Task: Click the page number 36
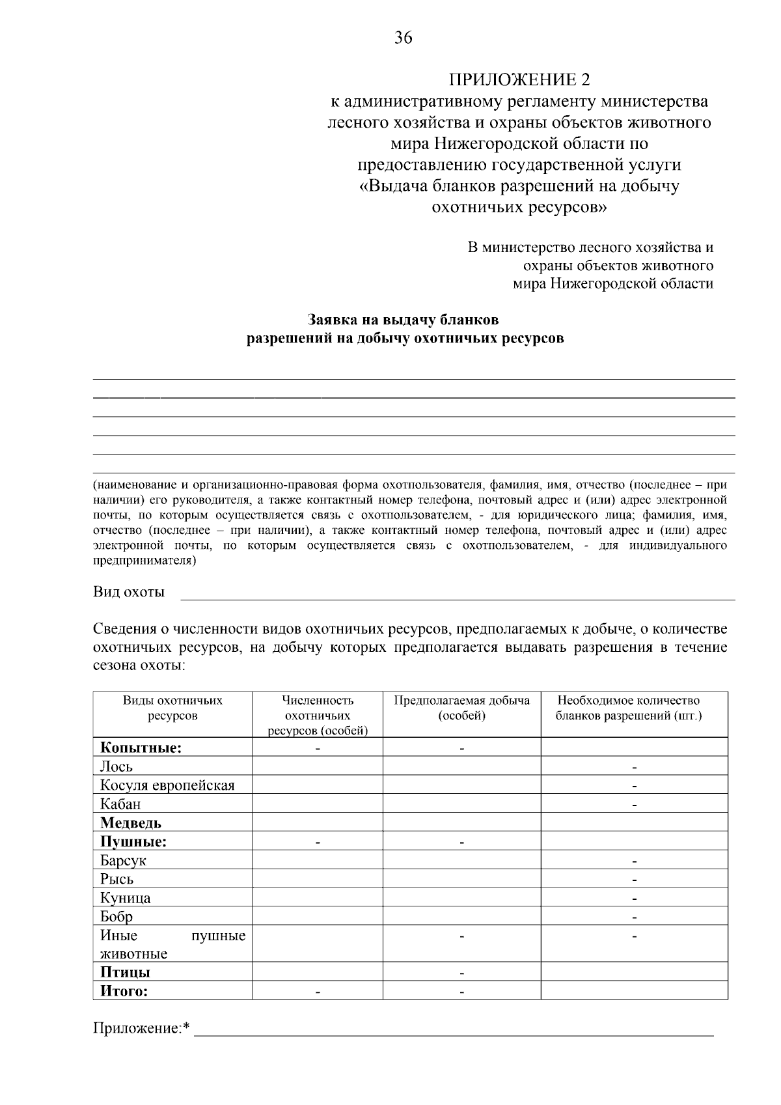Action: coord(403,38)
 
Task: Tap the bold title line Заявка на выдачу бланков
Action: coord(403,320)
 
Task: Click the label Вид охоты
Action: coord(129,592)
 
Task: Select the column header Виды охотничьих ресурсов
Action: coord(172,708)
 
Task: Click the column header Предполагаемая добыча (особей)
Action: coord(461,708)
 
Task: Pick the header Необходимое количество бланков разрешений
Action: coord(628,708)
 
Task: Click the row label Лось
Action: coord(116,766)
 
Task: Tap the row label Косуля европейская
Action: coord(167,785)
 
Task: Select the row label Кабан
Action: coord(120,804)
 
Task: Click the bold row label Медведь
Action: coord(131,823)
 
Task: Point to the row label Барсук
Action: coord(123,861)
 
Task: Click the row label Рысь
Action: coord(117,879)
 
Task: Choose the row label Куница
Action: coord(126,898)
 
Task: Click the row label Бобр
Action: coord(116,917)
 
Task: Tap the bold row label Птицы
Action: coord(125,972)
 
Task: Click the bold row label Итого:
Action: coord(124,991)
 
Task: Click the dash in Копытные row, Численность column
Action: coord(318,749)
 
